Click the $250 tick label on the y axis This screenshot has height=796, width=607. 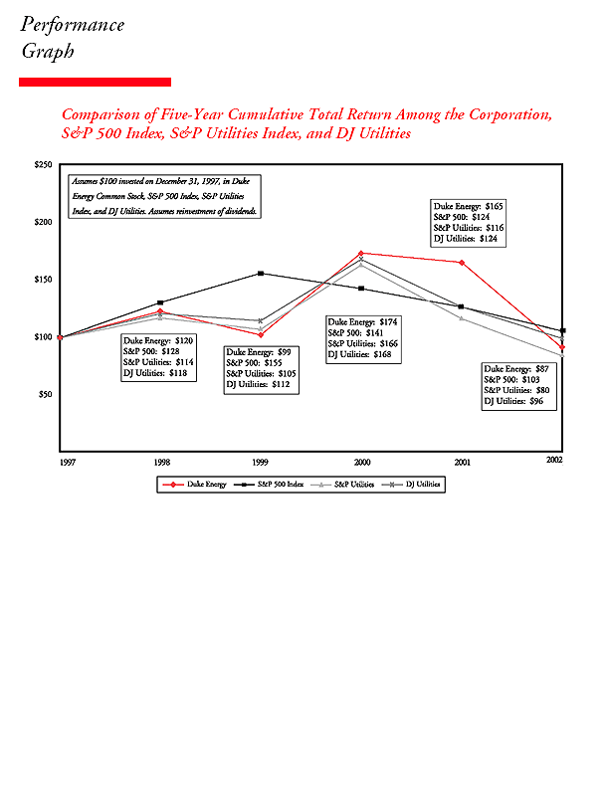pyautogui.click(x=44, y=164)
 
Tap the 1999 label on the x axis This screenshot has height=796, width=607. pyautogui.click(x=261, y=462)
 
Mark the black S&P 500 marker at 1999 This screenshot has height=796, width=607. pyautogui.click(x=261, y=274)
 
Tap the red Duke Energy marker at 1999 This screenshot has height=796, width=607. pyautogui.click(x=261, y=334)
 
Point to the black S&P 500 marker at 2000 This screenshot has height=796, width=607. pyautogui.click(x=361, y=289)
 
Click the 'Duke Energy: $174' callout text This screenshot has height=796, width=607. pyautogui.click(x=363, y=322)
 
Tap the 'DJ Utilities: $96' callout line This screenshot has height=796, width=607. pyautogui.click(x=513, y=401)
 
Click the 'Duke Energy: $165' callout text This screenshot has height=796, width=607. pyautogui.click(x=469, y=206)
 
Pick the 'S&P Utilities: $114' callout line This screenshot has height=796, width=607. pyautogui.click(x=157, y=362)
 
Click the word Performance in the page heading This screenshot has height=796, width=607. pyautogui.click(x=73, y=25)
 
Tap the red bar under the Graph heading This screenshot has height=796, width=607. pyautogui.click(x=95, y=82)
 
